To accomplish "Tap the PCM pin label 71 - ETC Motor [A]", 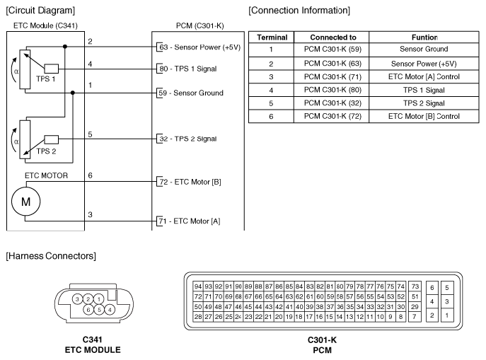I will (188, 221).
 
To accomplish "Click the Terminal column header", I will (271, 37).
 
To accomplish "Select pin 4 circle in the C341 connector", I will (109, 309).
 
